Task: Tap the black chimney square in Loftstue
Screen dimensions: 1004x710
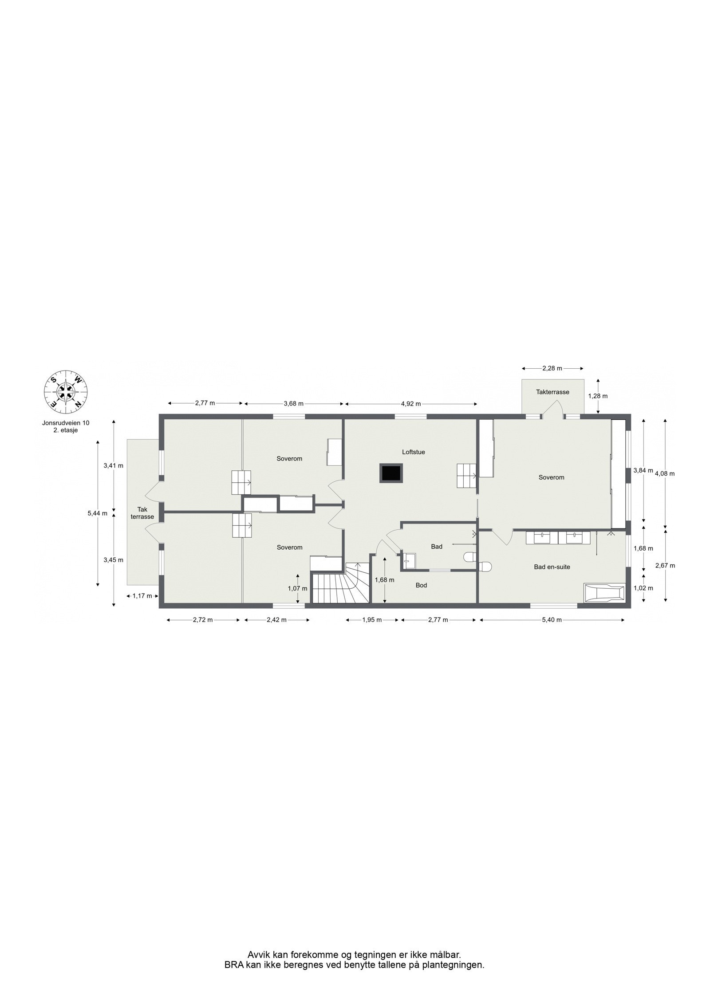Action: tap(391, 473)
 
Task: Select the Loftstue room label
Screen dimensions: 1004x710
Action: tap(413, 452)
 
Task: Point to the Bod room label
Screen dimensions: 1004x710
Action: tap(421, 585)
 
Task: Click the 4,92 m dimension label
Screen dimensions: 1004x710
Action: tap(411, 404)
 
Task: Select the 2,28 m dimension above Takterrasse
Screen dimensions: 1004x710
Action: tap(552, 368)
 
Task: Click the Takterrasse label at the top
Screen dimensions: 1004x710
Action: tap(552, 392)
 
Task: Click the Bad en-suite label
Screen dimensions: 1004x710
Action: tap(552, 567)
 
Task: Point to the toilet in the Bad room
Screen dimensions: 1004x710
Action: tap(469, 556)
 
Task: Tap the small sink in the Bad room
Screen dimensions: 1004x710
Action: tap(409, 560)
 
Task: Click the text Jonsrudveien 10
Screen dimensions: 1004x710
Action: tap(65, 423)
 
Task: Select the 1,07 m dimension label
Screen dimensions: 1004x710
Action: tap(297, 588)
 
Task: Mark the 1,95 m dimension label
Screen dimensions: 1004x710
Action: tap(372, 620)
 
